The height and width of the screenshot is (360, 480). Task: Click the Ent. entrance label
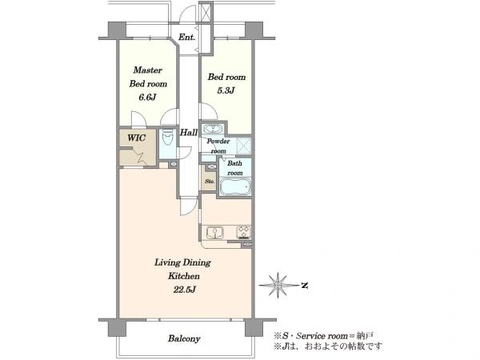pos(186,38)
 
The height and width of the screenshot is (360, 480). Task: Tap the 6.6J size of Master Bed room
pos(147,98)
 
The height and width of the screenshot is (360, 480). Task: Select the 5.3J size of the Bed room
pos(226,90)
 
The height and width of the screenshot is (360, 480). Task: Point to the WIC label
pos(137,138)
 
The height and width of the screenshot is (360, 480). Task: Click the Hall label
pos(189,133)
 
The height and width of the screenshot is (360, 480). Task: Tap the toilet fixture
pos(167,137)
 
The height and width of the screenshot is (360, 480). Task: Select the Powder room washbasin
pos(213,129)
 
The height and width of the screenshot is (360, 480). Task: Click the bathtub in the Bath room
pos(235,186)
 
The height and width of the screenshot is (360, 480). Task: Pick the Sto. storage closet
pos(210,182)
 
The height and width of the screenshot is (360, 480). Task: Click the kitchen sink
pos(215,232)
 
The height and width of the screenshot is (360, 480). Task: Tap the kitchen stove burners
pos(244,232)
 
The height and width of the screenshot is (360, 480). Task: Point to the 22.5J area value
pos(184,290)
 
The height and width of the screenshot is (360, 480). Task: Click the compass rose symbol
pos(278,286)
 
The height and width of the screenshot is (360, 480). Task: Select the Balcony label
pos(184,338)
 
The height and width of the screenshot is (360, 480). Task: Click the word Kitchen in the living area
pos(184,276)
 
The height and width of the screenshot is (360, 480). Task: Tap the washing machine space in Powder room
pos(244,145)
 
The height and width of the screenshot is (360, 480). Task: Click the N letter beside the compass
pos(304,286)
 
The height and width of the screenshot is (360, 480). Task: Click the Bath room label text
pos(234,168)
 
